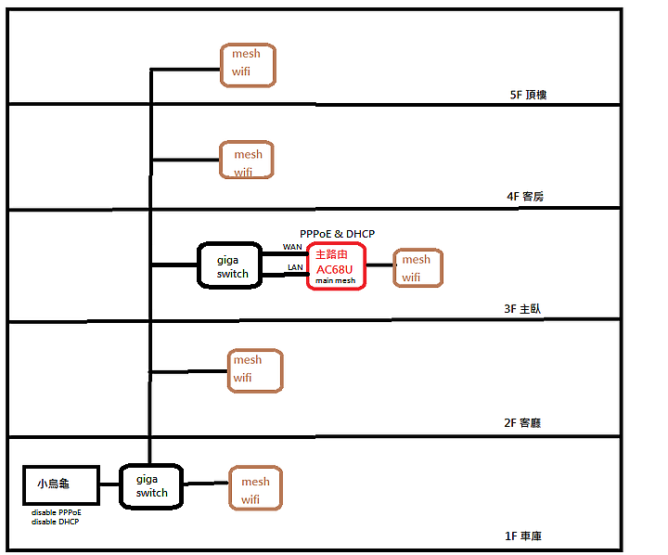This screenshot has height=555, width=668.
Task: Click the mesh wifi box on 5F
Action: click(248, 65)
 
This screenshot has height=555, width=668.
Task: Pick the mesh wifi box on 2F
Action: click(254, 369)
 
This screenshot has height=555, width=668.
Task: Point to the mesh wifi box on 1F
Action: click(255, 489)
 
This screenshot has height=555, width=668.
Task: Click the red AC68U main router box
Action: click(336, 266)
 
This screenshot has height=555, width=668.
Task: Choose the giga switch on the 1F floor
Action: click(151, 485)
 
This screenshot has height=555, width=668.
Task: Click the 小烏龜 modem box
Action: click(60, 485)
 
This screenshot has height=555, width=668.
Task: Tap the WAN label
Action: click(292, 247)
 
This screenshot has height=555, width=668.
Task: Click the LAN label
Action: click(294, 267)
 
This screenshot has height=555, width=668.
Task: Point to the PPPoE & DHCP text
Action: click(337, 234)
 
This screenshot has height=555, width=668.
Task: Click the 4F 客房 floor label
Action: click(524, 197)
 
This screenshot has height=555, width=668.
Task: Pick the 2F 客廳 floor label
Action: click(521, 422)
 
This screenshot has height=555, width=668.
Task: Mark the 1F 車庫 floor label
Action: click(521, 536)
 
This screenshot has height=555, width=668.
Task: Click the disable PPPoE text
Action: click(56, 512)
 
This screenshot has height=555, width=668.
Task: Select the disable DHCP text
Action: click(54, 522)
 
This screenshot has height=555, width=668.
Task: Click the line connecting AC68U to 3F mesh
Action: click(379, 265)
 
